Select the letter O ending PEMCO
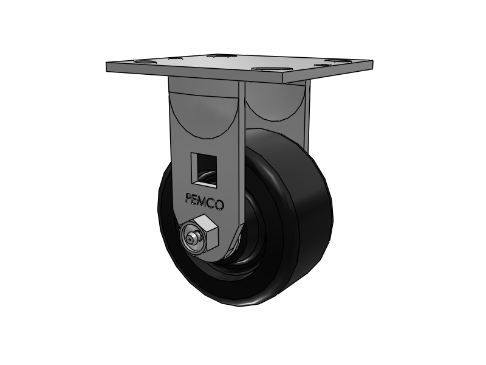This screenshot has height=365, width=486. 219,205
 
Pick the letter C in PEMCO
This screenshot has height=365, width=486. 212,203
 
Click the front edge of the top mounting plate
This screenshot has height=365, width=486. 194,74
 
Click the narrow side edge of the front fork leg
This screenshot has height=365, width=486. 242,152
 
